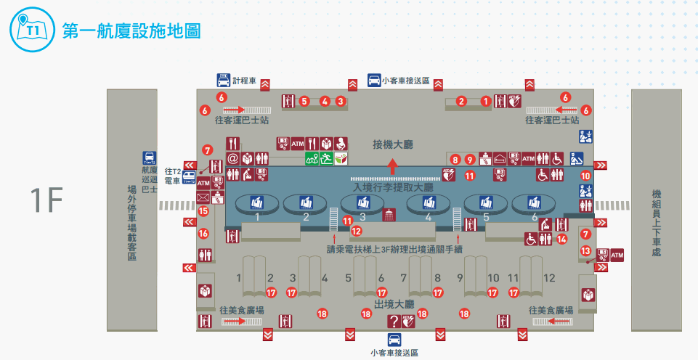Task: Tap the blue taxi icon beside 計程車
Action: tap(224, 80)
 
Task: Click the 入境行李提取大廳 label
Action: tap(392, 187)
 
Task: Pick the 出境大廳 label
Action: tap(394, 303)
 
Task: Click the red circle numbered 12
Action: tap(356, 231)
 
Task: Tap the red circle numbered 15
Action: tap(203, 211)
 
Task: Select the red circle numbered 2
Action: tap(460, 101)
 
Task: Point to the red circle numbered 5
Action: tap(304, 101)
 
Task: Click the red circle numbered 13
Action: tap(585, 250)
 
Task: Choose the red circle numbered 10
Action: tap(585, 175)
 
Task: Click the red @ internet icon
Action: tap(233, 157)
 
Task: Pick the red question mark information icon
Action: tap(394, 321)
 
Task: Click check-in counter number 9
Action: tap(459, 278)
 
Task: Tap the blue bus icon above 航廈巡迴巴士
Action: tap(148, 157)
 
